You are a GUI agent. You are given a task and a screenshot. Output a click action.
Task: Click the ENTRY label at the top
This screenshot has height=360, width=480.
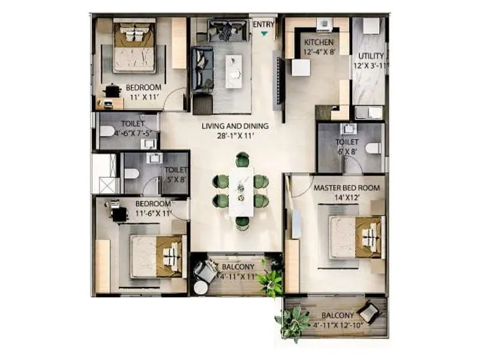click(264, 24)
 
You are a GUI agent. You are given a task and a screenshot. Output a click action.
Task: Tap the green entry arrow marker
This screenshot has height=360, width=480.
click(264, 34)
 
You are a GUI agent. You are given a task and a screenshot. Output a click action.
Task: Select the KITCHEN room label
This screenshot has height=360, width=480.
click(319, 43)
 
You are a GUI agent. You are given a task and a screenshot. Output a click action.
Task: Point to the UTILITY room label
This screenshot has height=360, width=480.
click(371, 56)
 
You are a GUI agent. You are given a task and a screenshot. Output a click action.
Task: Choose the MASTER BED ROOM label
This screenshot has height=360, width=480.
click(346, 188)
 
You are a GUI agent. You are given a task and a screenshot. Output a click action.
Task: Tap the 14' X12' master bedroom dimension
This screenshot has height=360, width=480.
click(346, 197)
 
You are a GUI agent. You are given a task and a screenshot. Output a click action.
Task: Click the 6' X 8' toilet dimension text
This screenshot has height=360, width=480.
click(347, 151)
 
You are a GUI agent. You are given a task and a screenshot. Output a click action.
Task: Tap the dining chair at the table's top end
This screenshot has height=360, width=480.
click(242, 160)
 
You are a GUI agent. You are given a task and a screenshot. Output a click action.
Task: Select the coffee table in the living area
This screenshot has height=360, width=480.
click(233, 66)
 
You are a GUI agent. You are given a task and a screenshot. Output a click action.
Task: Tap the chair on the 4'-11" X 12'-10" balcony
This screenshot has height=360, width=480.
click(367, 313)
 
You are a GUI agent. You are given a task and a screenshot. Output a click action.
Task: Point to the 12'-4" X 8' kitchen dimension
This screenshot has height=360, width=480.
click(319, 52)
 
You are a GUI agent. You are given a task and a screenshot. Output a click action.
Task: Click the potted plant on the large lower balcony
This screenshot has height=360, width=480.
click(293, 323)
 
